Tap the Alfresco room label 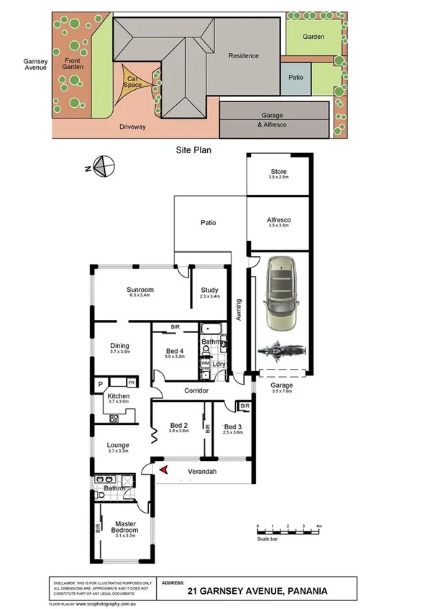click(x=278, y=221)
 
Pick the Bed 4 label click(x=175, y=352)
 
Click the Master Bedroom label click(x=124, y=526)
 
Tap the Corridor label click(x=196, y=390)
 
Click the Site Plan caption click(x=192, y=152)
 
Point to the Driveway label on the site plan click(x=132, y=127)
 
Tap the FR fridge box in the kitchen click(x=132, y=383)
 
